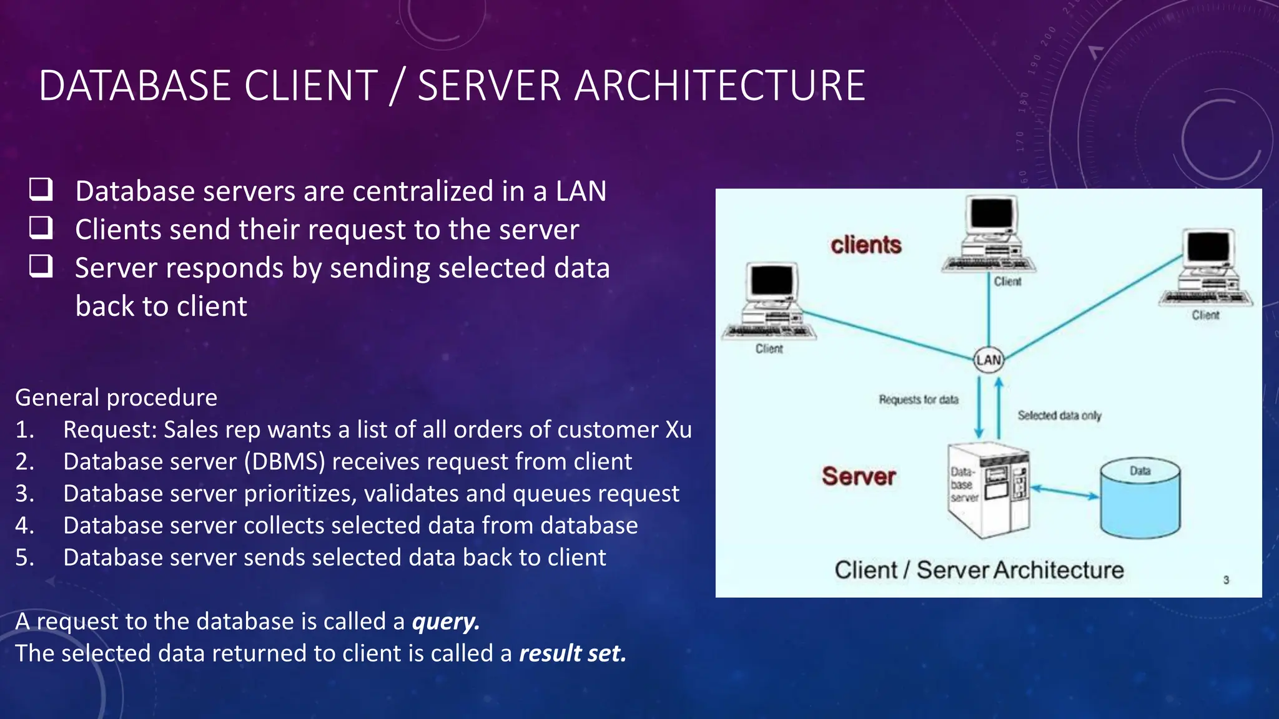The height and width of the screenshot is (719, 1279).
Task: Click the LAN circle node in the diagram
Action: [989, 359]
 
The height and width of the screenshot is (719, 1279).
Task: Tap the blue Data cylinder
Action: [1140, 499]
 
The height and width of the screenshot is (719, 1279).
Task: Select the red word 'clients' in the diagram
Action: [866, 245]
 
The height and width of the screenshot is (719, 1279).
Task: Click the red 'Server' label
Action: [859, 476]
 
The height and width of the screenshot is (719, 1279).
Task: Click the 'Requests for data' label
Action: [918, 399]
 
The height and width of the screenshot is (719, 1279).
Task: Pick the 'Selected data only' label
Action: [1059, 416]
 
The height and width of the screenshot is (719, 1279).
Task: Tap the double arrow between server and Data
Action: [1065, 493]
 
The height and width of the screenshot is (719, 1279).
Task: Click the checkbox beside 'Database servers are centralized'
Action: [41, 189]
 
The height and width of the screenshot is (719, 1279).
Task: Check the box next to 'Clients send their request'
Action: [41, 228]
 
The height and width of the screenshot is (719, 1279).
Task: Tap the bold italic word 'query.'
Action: [445, 621]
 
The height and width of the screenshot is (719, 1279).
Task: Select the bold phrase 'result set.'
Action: [572, 653]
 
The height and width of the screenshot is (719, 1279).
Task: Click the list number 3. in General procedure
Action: [24, 493]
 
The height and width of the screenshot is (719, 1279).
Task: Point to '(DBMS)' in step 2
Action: [285, 461]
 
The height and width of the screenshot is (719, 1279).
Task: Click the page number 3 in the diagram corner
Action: [1226, 580]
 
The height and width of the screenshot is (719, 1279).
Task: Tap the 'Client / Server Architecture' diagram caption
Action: [979, 570]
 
